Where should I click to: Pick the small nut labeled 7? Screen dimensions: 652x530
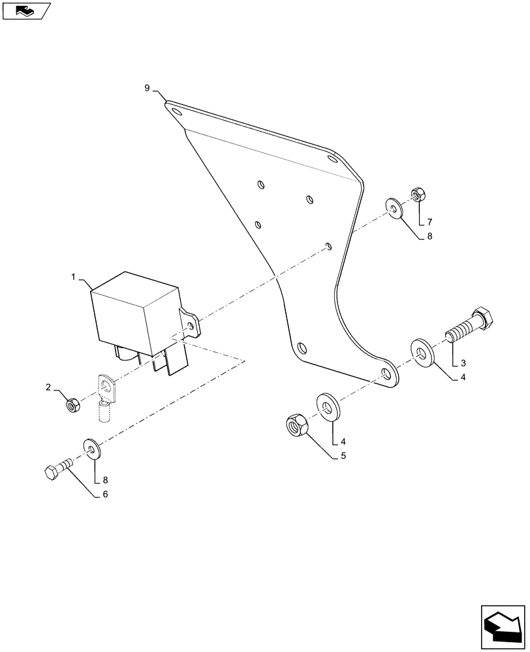pyautogui.click(x=418, y=194)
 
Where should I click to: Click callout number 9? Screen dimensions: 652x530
pyautogui.click(x=147, y=87)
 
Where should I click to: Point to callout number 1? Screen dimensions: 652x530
pyautogui.click(x=74, y=277)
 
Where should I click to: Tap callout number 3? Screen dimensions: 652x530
pyautogui.click(x=463, y=363)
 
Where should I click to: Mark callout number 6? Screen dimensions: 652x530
pyautogui.click(x=104, y=494)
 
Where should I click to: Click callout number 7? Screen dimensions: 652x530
pyautogui.click(x=430, y=222)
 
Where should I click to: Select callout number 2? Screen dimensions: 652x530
pyautogui.click(x=48, y=387)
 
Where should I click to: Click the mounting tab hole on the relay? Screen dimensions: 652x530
pyautogui.click(x=191, y=323)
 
